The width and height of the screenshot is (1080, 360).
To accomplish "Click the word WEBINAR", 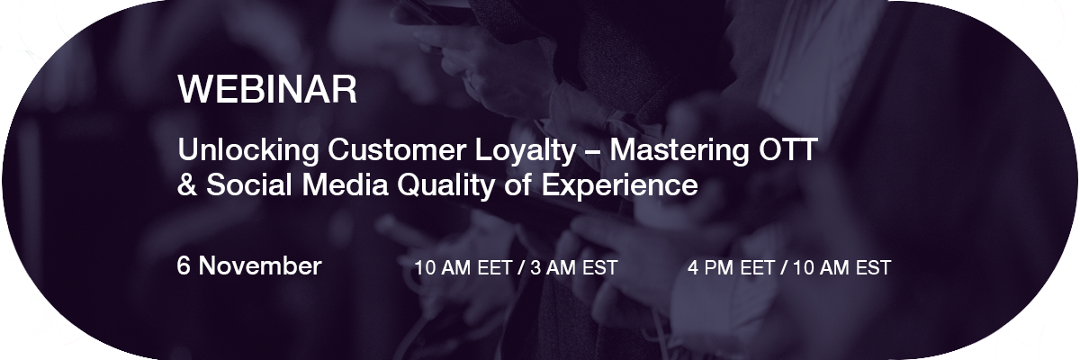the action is click(x=267, y=89).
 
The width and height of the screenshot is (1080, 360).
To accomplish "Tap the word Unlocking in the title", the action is click(x=248, y=151).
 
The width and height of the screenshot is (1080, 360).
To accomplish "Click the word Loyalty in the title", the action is click(x=526, y=151).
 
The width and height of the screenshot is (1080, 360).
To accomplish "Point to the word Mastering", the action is click(x=679, y=151).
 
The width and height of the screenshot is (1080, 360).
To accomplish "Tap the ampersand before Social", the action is click(x=187, y=184).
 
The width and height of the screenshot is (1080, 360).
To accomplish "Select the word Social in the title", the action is click(x=249, y=184).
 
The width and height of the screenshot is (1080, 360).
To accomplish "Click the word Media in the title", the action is click(x=346, y=184).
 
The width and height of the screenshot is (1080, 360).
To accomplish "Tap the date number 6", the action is click(x=184, y=265).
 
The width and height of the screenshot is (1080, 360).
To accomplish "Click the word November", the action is click(x=260, y=265).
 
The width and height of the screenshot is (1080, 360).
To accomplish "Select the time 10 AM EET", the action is click(x=463, y=268).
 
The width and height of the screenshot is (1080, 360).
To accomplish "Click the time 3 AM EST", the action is click(x=574, y=268).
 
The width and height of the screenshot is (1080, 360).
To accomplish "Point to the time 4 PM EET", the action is click(x=731, y=268).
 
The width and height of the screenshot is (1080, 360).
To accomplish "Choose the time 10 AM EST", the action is click(x=841, y=268).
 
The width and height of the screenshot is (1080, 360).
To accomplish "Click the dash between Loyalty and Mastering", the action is click(x=593, y=152).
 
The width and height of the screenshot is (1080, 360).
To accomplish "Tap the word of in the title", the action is click(x=518, y=184).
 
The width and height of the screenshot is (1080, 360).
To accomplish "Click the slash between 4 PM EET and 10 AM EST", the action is click(x=784, y=268).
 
